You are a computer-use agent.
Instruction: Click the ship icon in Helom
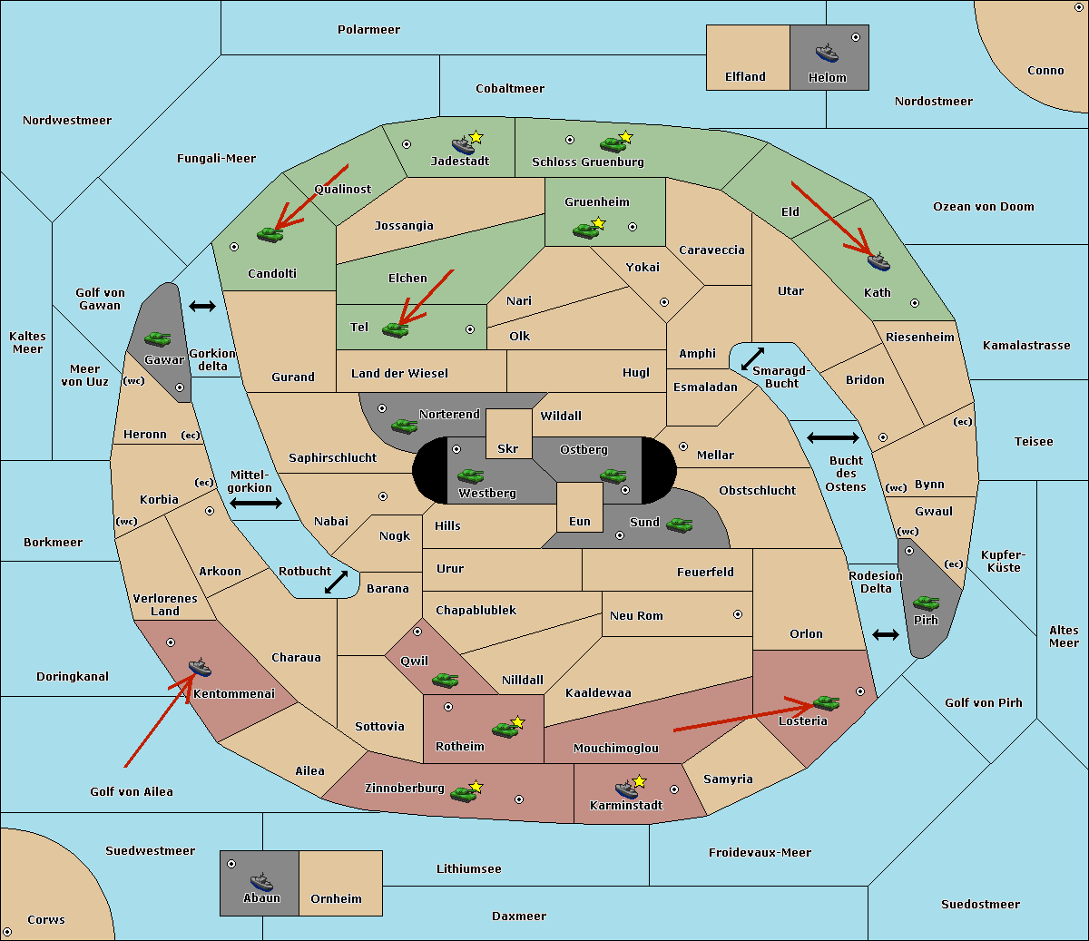[827, 52]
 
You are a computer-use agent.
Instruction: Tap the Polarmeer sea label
[368, 30]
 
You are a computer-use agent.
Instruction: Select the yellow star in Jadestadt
[476, 137]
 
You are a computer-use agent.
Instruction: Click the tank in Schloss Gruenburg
[613, 143]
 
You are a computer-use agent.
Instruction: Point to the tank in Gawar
[158, 338]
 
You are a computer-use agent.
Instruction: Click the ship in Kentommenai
[200, 668]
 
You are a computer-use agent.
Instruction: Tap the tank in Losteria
[826, 702]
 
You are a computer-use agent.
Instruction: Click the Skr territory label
[508, 449]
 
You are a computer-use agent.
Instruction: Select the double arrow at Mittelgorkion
[256, 504]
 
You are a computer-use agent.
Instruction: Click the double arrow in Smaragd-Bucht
[753, 358]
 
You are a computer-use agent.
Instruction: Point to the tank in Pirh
[927, 603]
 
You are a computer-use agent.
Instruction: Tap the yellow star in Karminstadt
[639, 781]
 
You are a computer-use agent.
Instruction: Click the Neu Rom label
[636, 616]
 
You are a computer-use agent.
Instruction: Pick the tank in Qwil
[445, 680]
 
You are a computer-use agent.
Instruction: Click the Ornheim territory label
[336, 899]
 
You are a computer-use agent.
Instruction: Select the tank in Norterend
[405, 426]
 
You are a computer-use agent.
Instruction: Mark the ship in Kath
[878, 261]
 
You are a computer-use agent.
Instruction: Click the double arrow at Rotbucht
[336, 582]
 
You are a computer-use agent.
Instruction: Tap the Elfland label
[745, 77]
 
